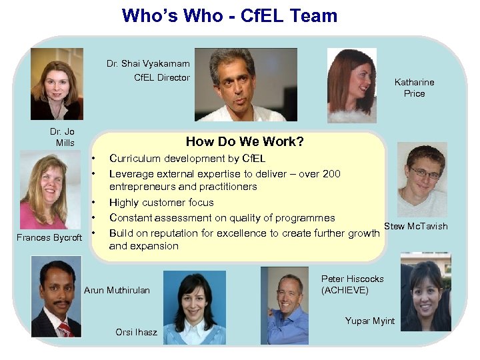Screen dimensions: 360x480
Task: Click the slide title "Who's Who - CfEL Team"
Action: coord(229,16)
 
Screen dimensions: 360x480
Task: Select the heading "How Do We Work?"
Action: coord(245,141)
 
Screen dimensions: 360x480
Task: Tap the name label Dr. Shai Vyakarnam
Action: coord(148,64)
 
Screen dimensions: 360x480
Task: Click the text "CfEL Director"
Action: coord(162,77)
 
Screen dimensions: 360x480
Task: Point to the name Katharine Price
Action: coord(414,88)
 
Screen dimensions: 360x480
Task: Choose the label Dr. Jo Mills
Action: coord(65,137)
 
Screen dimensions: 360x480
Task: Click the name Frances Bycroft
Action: coord(50,238)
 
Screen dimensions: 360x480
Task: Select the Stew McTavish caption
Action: coord(416,226)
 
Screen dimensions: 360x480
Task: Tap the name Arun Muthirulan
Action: coord(117,290)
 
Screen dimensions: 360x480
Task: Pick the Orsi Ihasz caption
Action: coord(136,332)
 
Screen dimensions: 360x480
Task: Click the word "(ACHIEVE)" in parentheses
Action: coord(345,290)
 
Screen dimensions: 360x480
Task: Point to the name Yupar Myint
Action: coord(369,321)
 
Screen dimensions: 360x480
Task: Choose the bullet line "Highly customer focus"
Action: coord(161,203)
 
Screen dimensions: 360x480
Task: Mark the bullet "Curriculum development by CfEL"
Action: coord(187,159)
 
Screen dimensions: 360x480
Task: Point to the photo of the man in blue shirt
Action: coord(285,305)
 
